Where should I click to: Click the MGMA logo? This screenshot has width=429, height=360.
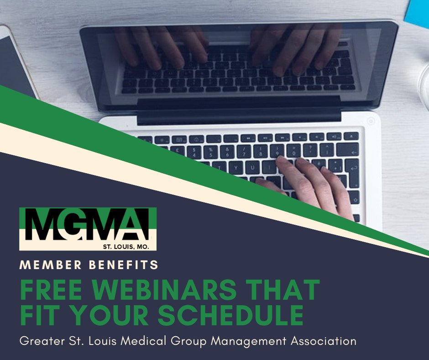click(88, 228)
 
